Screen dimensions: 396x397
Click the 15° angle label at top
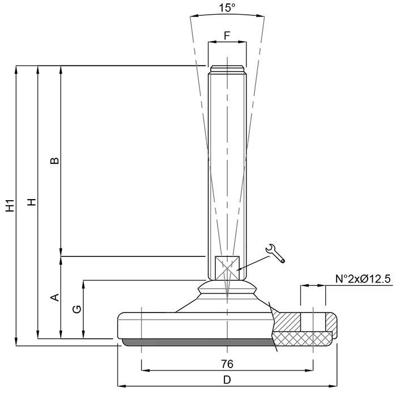[227, 8]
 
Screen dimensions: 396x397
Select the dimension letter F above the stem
[227, 36]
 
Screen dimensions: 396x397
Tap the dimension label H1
[10, 205]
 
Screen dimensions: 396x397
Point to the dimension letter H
[32, 202]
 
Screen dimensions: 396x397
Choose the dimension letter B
[54, 161]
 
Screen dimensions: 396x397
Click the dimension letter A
[54, 297]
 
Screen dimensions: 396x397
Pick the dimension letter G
[77, 309]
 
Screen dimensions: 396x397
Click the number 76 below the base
[227, 364]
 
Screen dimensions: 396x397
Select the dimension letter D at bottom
[227, 380]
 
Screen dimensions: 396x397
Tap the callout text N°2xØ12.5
[363, 279]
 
